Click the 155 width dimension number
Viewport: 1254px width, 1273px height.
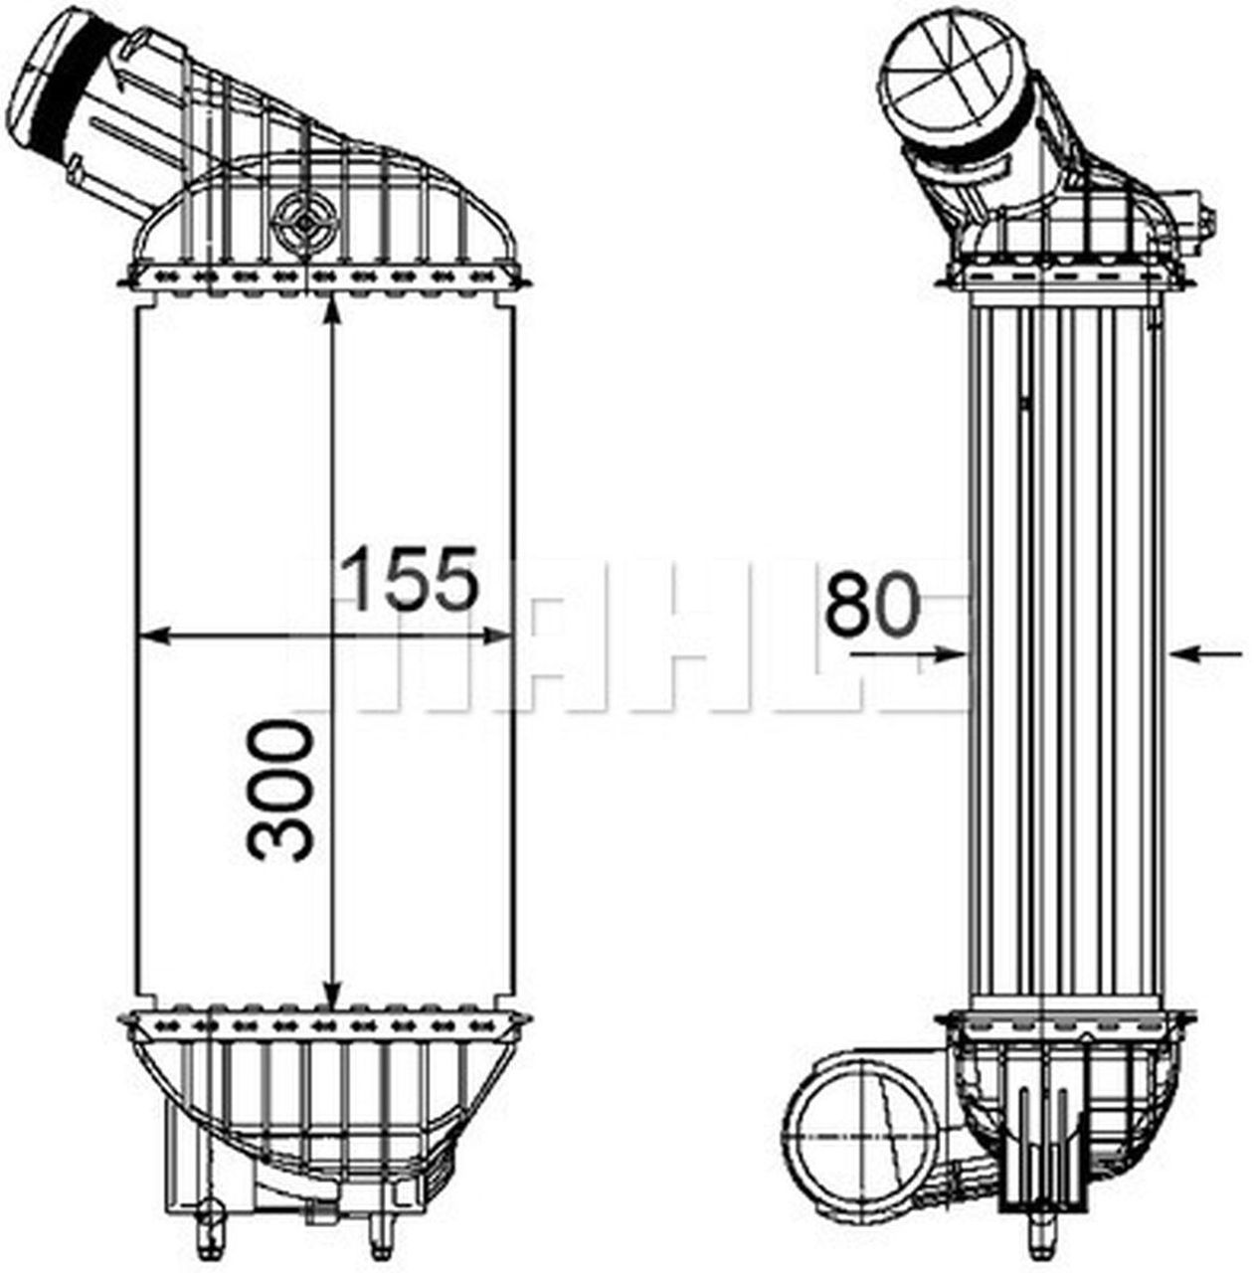point(409,578)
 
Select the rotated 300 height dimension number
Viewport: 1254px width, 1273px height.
point(281,791)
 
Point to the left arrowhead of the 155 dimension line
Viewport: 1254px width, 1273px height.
point(151,636)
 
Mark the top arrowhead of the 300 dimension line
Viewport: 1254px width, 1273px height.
point(332,309)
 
